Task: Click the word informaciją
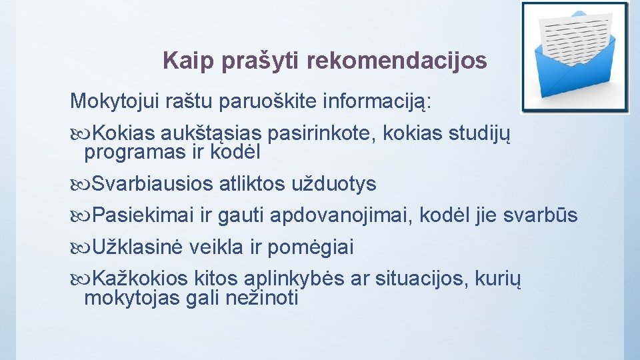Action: (x=377, y=102)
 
